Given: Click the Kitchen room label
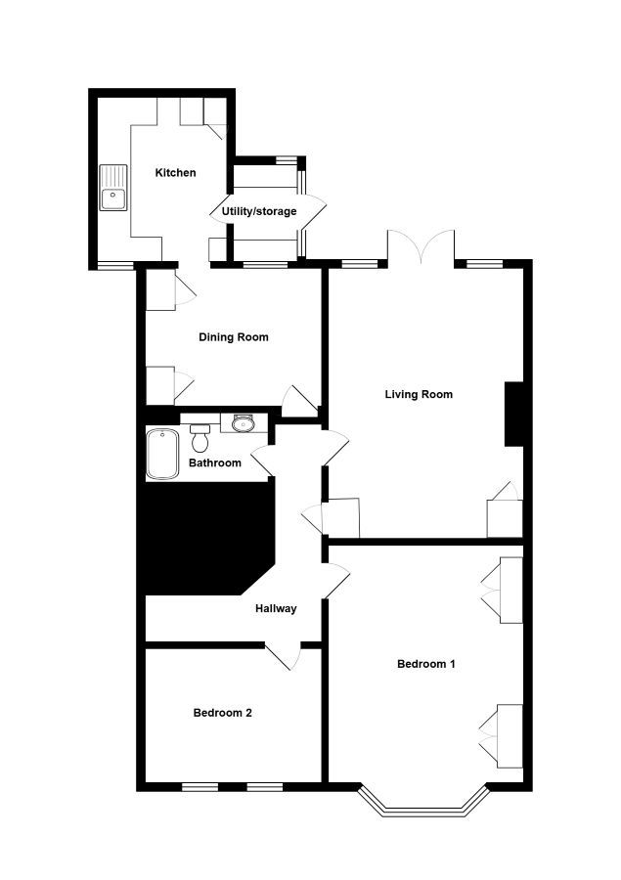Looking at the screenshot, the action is coord(175,173).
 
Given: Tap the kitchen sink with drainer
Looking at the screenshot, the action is coord(113,188).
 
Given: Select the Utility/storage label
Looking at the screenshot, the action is coord(259,211).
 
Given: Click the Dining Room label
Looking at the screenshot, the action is coord(234,337).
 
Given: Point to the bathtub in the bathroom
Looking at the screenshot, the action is coord(163,454).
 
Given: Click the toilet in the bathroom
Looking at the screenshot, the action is coord(200,437).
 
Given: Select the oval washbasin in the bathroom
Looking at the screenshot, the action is coord(244,423).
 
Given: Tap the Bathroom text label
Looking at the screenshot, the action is coord(215,463).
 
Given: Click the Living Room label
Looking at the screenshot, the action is coord(419,395).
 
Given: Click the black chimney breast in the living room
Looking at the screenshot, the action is coord(513,415).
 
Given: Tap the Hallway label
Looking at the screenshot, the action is coord(276,608).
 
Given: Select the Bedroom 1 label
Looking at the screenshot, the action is coord(425,664).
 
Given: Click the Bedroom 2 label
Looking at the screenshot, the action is coord(222,713).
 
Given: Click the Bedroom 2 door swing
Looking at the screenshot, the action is coord(285,657).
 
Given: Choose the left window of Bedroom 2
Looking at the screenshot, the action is coord(200,787).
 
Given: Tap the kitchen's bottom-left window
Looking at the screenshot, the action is coord(115,265).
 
